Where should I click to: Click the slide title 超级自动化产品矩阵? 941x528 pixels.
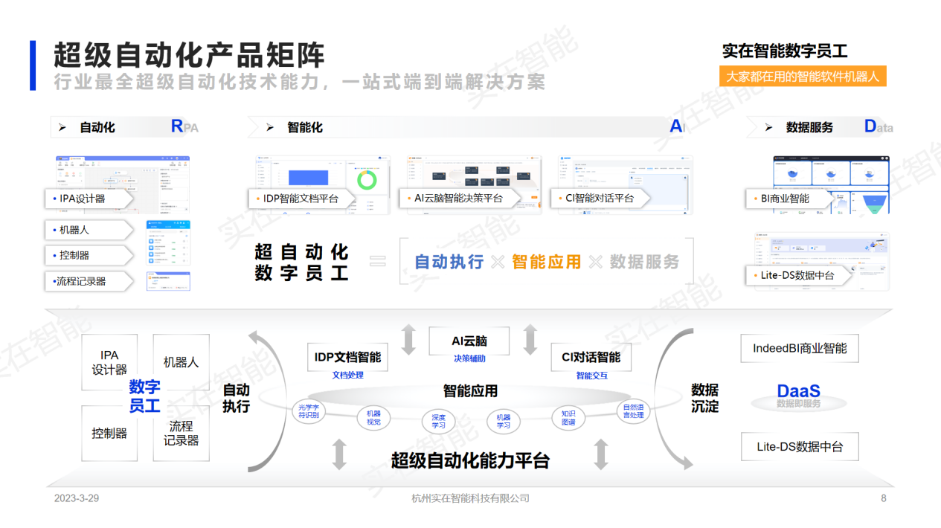pyautogui.click(x=189, y=56)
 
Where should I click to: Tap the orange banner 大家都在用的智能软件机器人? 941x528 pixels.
pyautogui.click(x=803, y=77)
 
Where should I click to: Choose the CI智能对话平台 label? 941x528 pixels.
pyautogui.click(x=600, y=199)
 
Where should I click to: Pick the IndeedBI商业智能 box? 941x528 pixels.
pyautogui.click(x=800, y=348)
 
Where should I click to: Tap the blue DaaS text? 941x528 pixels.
pyautogui.click(x=798, y=391)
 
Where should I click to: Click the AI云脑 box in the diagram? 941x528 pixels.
pyautogui.click(x=469, y=341)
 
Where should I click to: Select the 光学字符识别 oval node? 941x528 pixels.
pyautogui.click(x=308, y=411)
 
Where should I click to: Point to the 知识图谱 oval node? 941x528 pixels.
pyautogui.click(x=568, y=418)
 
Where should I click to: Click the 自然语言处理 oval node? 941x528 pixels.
pyautogui.click(x=633, y=411)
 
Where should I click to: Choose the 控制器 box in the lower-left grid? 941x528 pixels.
pyautogui.click(x=109, y=433)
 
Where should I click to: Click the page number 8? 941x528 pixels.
pyautogui.click(x=884, y=498)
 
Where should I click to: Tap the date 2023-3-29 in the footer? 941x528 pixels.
pyautogui.click(x=77, y=498)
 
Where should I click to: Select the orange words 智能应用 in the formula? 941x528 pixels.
pyautogui.click(x=546, y=262)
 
